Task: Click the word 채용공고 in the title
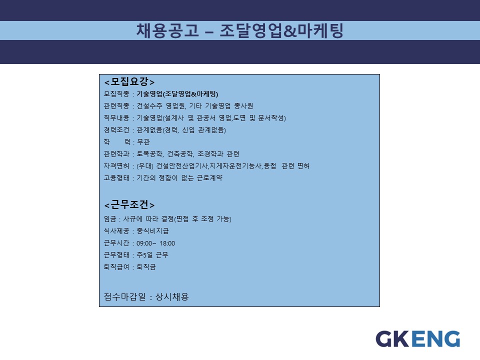[x=167, y=30]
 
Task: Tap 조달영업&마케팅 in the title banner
[x=281, y=30]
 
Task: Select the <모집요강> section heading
[x=129, y=81]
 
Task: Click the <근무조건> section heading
[x=129, y=204]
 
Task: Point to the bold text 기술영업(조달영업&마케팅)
[x=177, y=94]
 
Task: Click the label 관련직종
[x=116, y=106]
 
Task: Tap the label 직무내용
[x=116, y=118]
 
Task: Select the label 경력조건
[x=116, y=130]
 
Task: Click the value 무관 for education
[x=143, y=141]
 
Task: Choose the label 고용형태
[x=116, y=178]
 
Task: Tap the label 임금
[x=110, y=219]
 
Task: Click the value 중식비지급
[x=152, y=231]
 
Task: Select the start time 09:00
[x=144, y=243]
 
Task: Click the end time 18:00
[x=167, y=243]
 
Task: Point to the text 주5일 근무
[x=152, y=255]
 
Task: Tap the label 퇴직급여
[x=116, y=267]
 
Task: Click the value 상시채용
[x=172, y=296]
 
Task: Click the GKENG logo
[x=418, y=339]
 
